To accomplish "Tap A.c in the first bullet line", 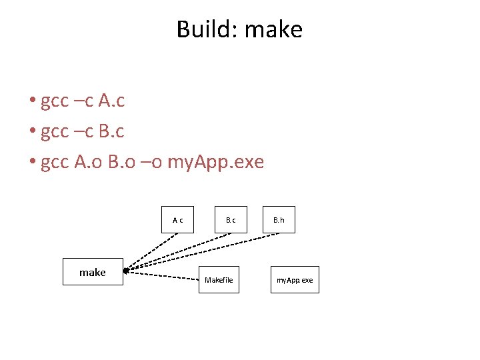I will (111, 101).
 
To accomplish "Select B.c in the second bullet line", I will (111, 131).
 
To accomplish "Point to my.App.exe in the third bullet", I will (216, 162).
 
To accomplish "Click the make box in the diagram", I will (93, 272).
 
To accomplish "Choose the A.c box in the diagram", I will (178, 219).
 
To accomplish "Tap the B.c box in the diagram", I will (231, 219).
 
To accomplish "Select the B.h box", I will (278, 219).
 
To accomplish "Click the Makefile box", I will (219, 280).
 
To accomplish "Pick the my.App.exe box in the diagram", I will (295, 280).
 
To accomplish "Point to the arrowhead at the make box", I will (126, 271).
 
